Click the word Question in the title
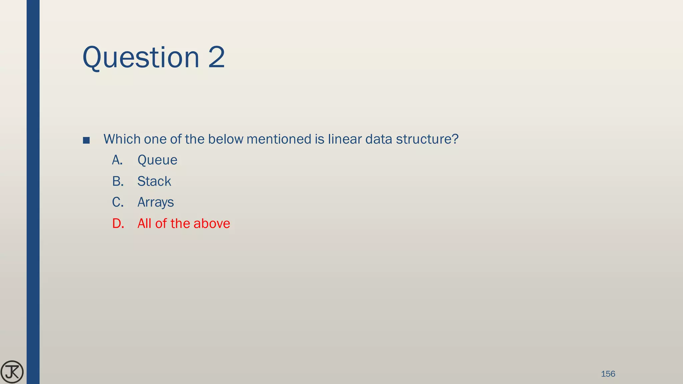[x=141, y=57]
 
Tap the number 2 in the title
[x=216, y=57]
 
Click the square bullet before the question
[x=86, y=140]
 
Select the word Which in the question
[x=122, y=139]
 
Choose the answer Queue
[x=157, y=160]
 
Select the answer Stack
[x=154, y=181]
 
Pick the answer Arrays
[x=155, y=202]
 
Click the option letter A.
[x=117, y=160]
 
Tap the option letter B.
[x=118, y=181]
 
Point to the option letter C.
[x=118, y=202]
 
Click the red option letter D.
[x=118, y=223]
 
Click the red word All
[x=144, y=223]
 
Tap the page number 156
[x=608, y=374]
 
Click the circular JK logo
[x=12, y=372]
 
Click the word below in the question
[x=225, y=139]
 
